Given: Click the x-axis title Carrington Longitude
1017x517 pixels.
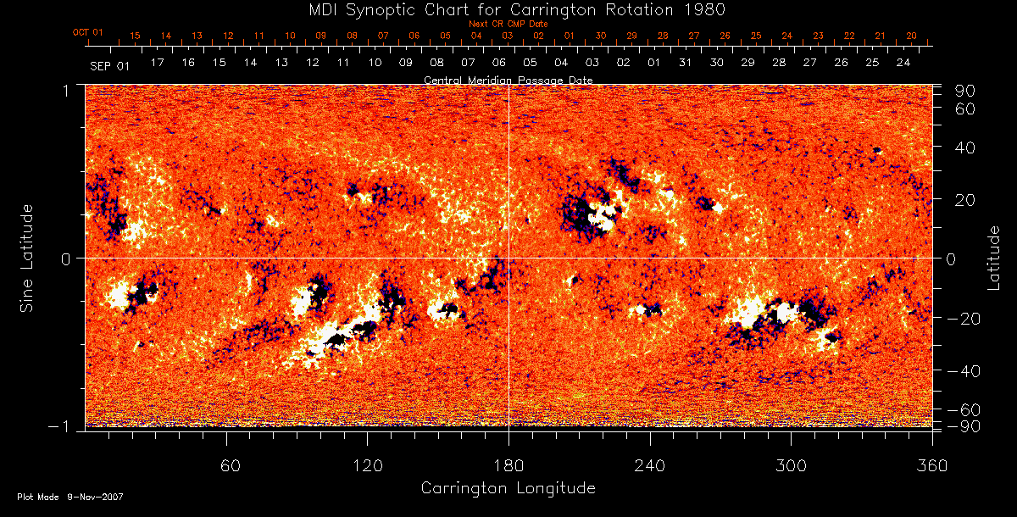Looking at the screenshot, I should pos(508,488).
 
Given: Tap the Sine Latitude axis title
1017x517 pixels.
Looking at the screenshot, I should pos(26,257).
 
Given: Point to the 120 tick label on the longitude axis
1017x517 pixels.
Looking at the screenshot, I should pos(368,465).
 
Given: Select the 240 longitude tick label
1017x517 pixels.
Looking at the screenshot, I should pos(650,465).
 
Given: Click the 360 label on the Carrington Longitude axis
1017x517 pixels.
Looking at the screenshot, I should pos(931,465).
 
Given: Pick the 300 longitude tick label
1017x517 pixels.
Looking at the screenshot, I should pos(791,465).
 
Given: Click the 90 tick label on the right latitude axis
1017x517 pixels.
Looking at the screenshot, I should pos(967,91).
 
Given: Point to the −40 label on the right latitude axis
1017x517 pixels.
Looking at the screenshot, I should pos(963,371).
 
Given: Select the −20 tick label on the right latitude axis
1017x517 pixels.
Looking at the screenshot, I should pos(963,319).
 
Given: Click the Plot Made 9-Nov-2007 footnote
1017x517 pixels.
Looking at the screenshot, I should pos(70,497).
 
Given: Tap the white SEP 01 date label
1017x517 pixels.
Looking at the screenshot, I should pos(109,65).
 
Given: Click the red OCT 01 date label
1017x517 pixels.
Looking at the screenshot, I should pos(87,32).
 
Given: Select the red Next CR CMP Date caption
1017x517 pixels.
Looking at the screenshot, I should pos(508,25).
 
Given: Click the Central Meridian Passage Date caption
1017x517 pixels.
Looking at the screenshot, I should pos(508,80).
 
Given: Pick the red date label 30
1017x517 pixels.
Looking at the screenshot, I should pos(600,36).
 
